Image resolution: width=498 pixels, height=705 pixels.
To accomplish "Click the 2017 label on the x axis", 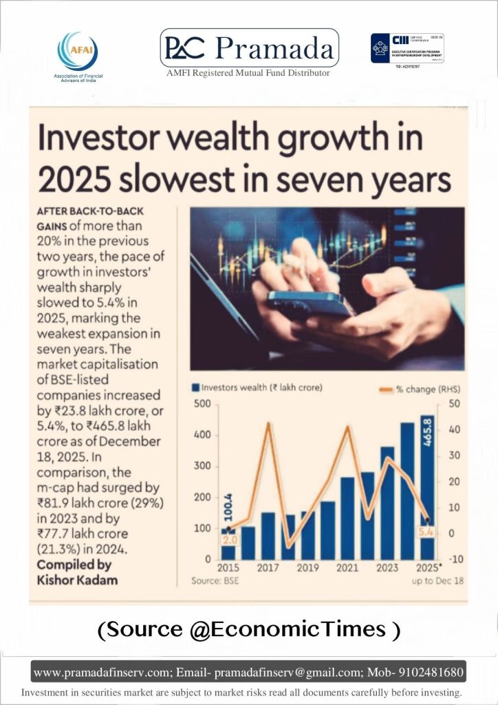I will (x=268, y=568).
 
